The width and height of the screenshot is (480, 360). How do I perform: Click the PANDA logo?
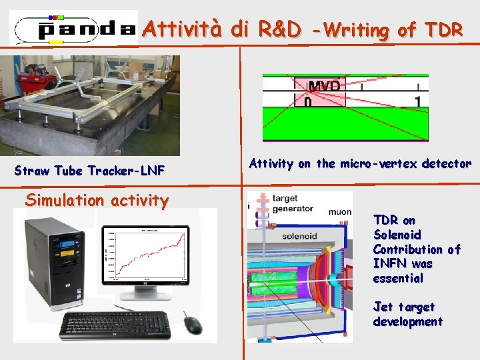pos(75,29)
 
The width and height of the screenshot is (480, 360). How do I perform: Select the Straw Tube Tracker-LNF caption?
pos(90,171)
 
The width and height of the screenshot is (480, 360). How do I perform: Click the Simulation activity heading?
pos(97,201)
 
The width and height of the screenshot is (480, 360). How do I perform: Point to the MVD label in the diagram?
pos(323,86)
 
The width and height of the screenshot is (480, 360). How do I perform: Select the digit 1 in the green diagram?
pos(417,102)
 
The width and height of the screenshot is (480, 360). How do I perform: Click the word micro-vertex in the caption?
pos(377,164)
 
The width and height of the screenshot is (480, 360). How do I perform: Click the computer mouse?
pos(192,325)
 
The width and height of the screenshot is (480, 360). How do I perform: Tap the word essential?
pos(398,279)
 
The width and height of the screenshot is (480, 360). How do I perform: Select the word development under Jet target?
pos(407,322)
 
